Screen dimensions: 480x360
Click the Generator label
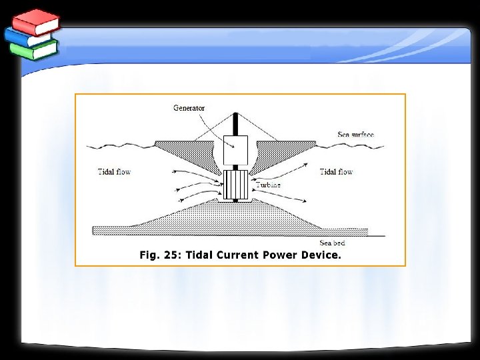pos(189,108)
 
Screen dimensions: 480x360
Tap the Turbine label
pos(268,185)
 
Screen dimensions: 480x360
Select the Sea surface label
pos(355,135)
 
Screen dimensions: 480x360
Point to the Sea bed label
pos(332,243)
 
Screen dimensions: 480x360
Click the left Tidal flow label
pos(114,172)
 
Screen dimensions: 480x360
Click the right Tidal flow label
pos(336,172)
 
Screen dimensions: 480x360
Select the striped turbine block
pos(235,185)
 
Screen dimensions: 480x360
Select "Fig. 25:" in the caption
pos(160,255)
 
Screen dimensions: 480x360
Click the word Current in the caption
pos(238,255)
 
